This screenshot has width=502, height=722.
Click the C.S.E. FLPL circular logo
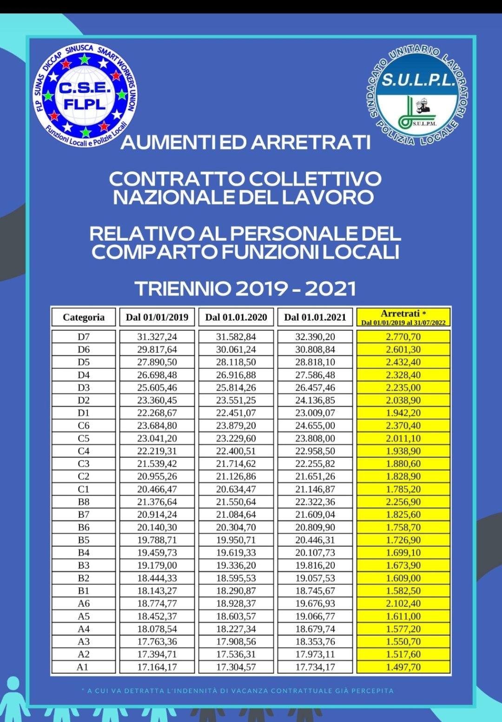85,96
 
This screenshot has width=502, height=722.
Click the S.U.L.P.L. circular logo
417,95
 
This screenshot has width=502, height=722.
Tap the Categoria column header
84,317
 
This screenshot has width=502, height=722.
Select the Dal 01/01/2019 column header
157,317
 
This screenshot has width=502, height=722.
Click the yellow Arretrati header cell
403,317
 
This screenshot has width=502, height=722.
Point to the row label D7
84,337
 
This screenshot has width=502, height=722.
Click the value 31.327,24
157,337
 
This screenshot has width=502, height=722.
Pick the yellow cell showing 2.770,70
403,337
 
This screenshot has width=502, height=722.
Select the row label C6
84,426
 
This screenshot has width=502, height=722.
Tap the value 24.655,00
315,426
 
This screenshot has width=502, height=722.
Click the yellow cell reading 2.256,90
403,502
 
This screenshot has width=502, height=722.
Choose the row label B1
84,591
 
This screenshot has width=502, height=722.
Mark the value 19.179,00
157,565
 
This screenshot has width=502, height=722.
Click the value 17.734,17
315,667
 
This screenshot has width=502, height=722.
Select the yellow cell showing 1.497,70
403,667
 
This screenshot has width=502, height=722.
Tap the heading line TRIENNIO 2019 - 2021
245,289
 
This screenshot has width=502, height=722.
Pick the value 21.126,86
236,477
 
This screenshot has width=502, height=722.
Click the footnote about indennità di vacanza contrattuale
237,691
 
